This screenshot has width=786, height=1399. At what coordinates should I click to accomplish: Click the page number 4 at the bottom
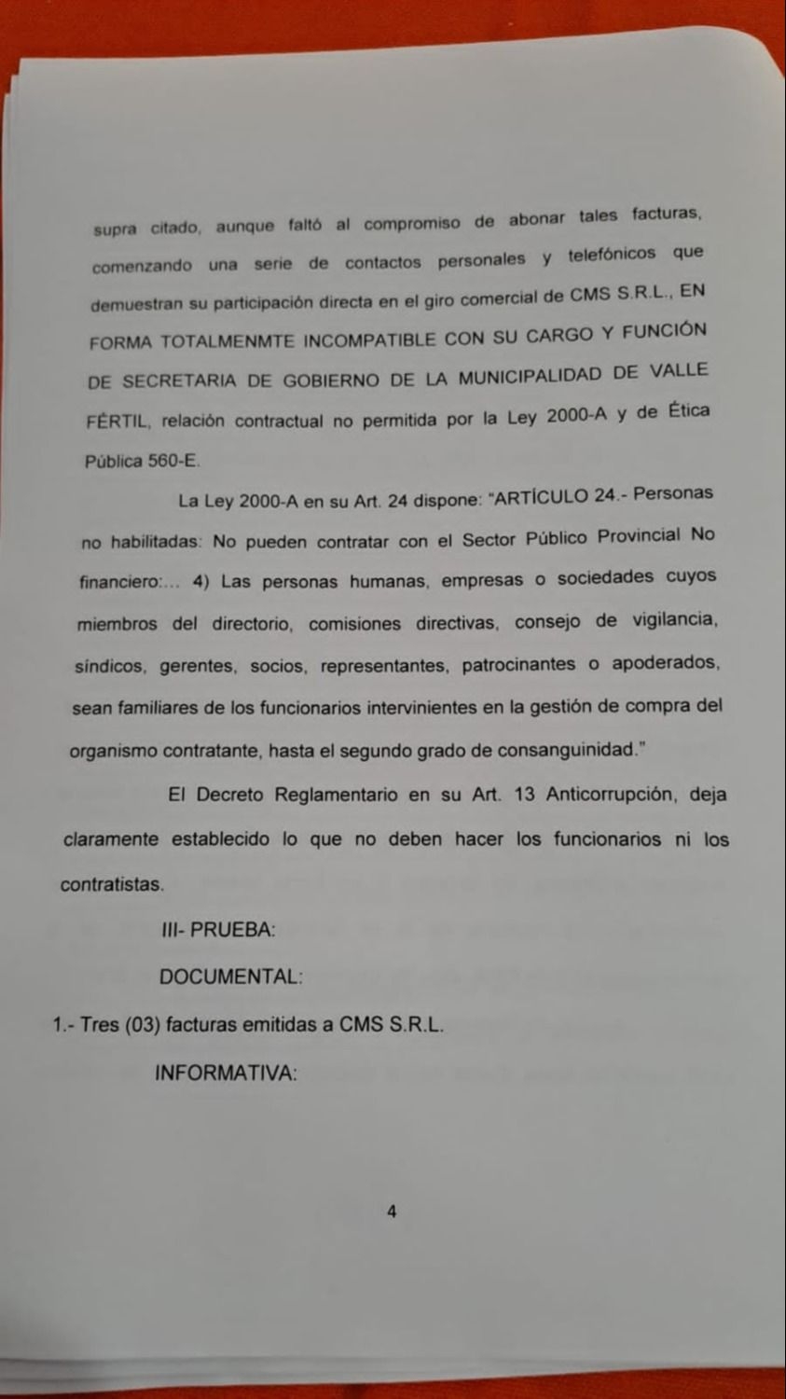pos(392,1212)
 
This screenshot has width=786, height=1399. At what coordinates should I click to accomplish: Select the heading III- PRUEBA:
pos(218,930)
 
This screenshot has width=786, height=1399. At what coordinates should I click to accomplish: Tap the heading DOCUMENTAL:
pos(230,977)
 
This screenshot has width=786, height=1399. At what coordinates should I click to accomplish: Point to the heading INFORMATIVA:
pos(226,1073)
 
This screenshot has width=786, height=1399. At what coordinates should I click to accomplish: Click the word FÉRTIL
pos(117,422)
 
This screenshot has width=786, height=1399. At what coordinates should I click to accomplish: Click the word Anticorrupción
pos(610,795)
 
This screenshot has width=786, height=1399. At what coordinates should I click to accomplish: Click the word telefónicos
pos(613,255)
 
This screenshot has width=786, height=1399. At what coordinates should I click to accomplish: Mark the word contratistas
pos(112,884)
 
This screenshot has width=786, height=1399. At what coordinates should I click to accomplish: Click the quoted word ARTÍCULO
pos(540,495)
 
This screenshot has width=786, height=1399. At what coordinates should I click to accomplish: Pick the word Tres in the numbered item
pos(99,1024)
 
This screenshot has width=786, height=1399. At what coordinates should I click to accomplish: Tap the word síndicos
pos(110,667)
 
